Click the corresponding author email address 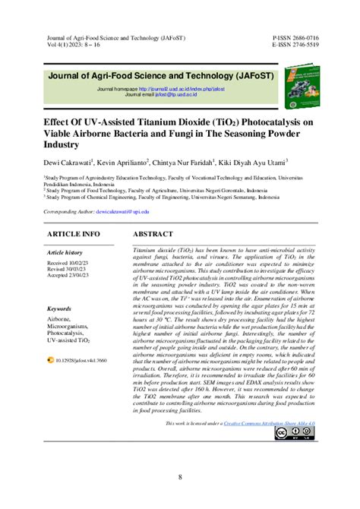click(x=128, y=211)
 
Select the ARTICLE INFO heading click(x=74, y=234)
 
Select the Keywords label click(x=59, y=310)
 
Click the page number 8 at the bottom click(x=180, y=477)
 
